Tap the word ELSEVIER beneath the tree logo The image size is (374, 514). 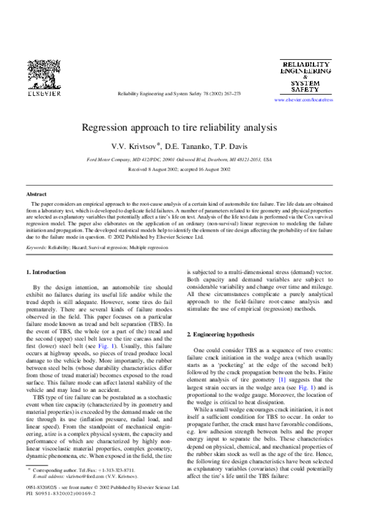[x=44, y=94]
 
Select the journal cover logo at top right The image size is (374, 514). [x=303, y=77]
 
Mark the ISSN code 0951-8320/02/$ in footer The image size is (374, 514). [x=44, y=488]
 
